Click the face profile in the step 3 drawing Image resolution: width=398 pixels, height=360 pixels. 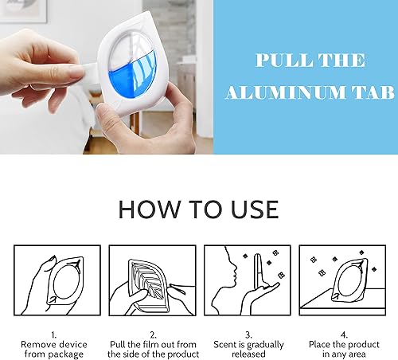point(226,271)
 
